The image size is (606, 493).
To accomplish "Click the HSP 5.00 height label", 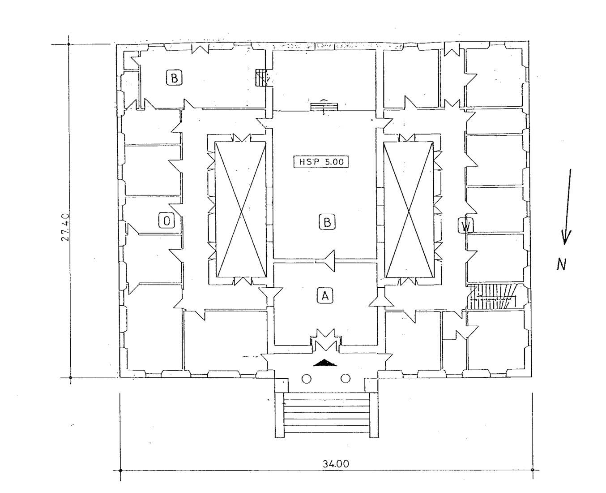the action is coord(320,162).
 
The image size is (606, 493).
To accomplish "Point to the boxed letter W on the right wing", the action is coord(466,225).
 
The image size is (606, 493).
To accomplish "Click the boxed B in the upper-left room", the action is coord(174,78).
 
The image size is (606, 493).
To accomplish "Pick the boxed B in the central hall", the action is coord(327,222).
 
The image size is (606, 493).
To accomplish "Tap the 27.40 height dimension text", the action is coord(65,227).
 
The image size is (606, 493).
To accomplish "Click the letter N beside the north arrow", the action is coord(561,264).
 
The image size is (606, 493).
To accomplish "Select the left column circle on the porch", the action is coord(307,379).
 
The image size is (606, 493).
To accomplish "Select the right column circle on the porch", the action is coord(346,378).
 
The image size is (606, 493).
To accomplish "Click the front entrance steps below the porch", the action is coord(327,415).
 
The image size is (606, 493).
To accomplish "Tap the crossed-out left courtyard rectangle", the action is coord(241,209).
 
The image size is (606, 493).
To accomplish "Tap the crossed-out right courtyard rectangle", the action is coord(409,210).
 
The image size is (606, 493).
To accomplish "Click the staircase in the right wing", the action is coord(492,296).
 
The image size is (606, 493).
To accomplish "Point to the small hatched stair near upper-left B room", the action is coord(261,78).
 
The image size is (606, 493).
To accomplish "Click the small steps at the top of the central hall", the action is coord(324,107).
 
